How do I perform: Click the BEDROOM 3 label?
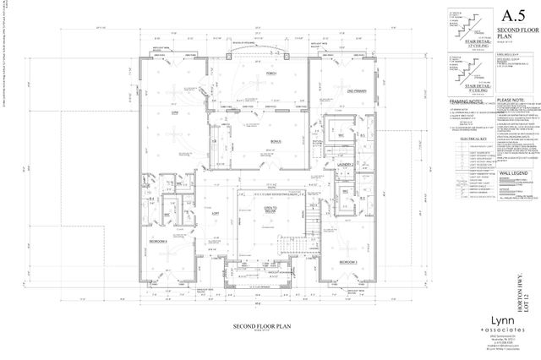tap(350, 263)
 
